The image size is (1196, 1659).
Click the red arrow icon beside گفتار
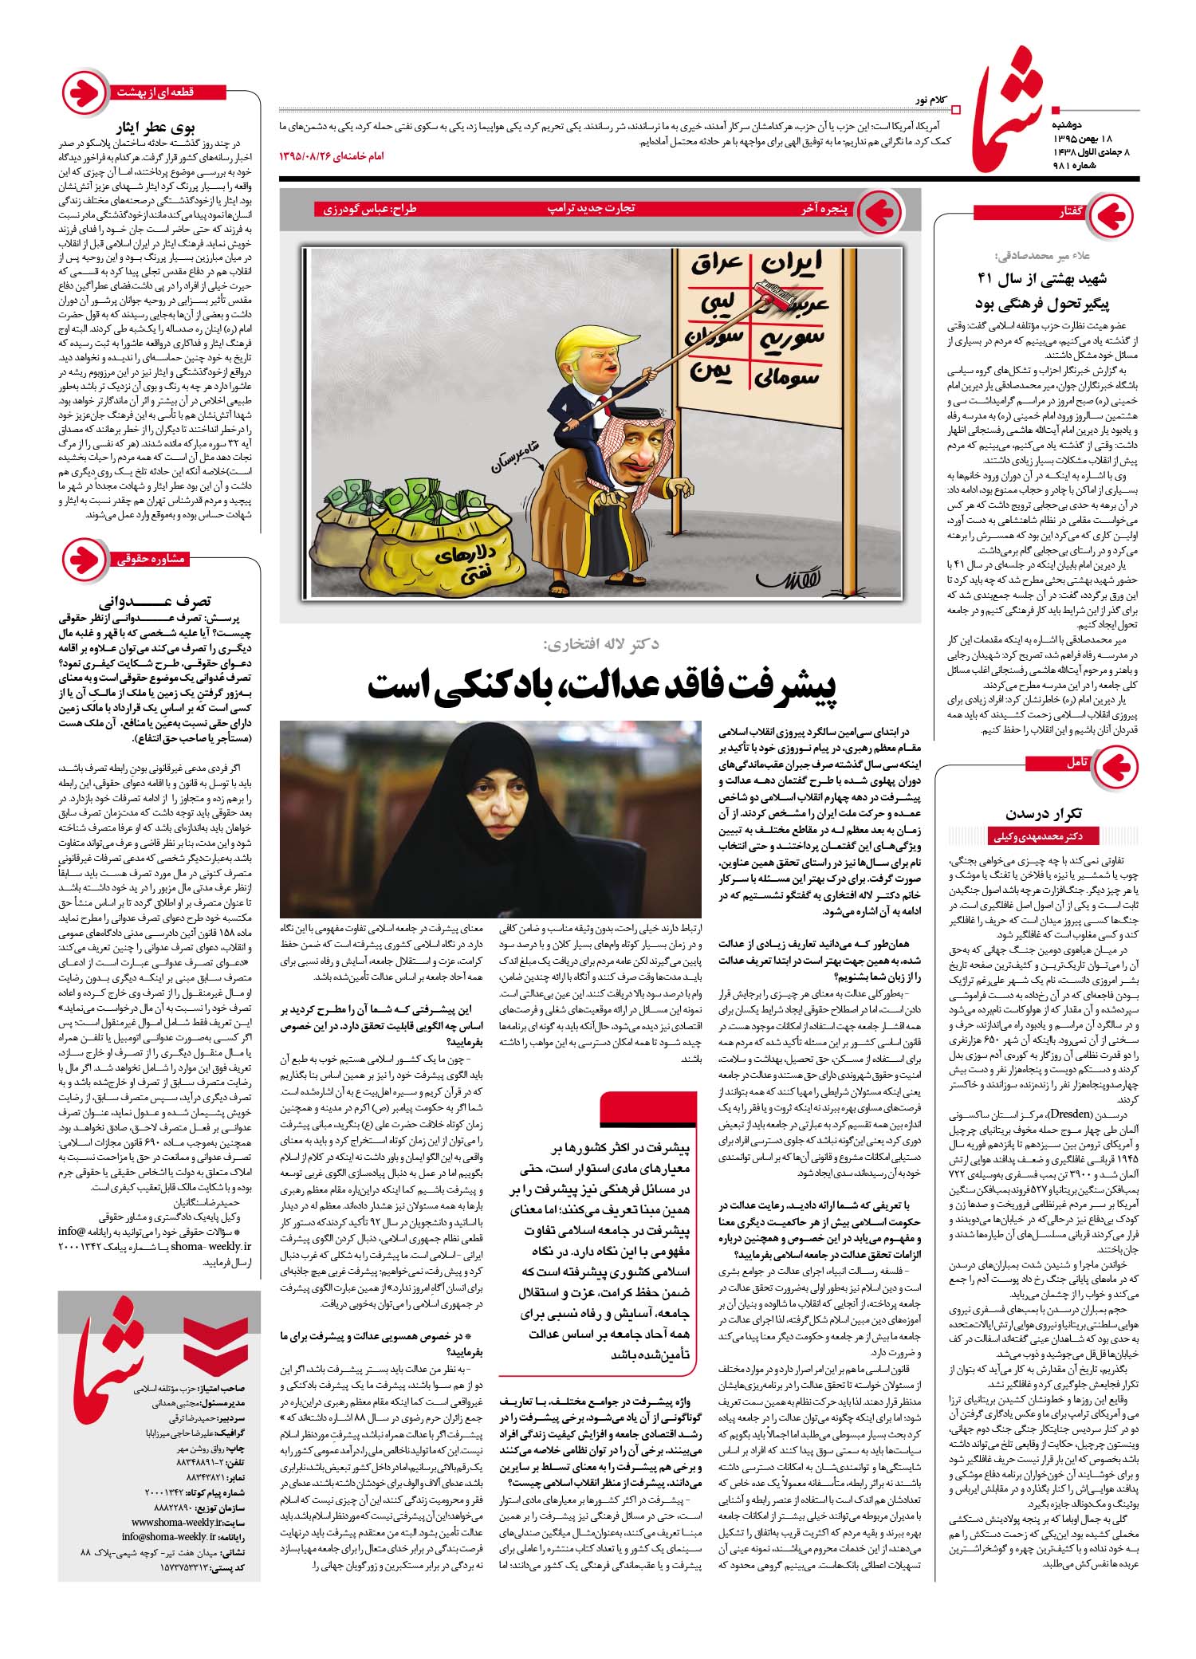tap(1113, 214)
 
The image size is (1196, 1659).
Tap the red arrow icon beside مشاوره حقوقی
tap(85, 560)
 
